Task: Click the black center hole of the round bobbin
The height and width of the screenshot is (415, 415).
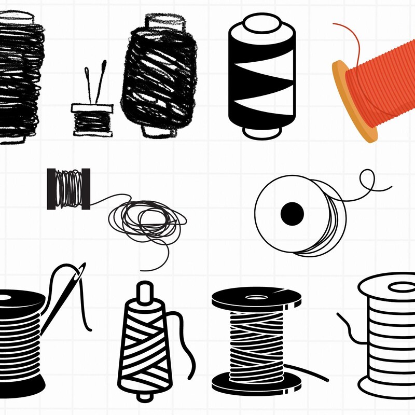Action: coord(292,213)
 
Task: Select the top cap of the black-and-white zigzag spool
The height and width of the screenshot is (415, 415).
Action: coord(261,23)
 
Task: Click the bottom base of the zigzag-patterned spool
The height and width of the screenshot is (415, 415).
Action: coord(261,132)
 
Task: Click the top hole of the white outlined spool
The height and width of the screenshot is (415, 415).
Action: coord(400,287)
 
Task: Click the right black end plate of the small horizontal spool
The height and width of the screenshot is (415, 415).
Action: coord(86,189)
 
